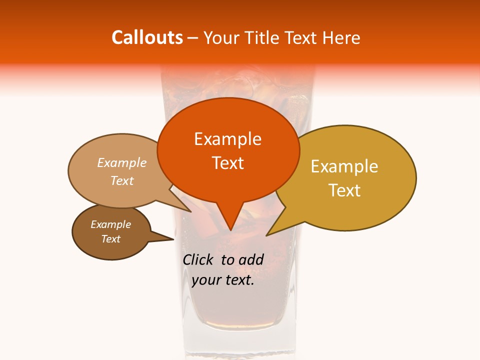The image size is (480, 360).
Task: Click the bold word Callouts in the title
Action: point(147,37)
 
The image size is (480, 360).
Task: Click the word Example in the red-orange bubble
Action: point(227,139)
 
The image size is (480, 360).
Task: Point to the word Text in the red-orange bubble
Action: point(227,163)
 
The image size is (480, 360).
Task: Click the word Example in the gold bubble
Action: point(344,166)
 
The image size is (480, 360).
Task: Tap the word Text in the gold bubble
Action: point(345,190)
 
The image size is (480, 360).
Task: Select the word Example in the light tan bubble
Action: point(121,162)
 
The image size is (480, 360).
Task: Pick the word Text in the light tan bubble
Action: point(122,180)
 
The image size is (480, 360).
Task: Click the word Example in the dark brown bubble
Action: point(110,224)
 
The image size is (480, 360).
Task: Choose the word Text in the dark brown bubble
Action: point(110,239)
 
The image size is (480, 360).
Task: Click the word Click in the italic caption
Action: point(199,259)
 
